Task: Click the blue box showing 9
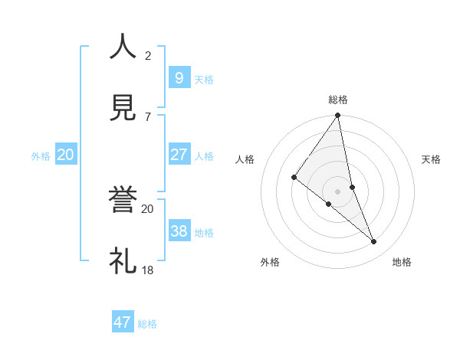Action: [x=179, y=77]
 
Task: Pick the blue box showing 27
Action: [x=179, y=154]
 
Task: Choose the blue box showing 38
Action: [x=179, y=231]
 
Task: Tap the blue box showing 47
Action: [x=123, y=322]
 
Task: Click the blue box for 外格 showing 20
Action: [x=65, y=154]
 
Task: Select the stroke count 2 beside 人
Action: [x=148, y=56]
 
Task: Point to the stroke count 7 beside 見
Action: [x=148, y=116]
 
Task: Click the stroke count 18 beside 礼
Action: [x=148, y=270]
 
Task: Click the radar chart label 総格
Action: [x=338, y=100]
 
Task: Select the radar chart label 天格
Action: [x=432, y=159]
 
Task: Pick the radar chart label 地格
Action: [x=402, y=262]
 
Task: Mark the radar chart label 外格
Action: [x=270, y=262]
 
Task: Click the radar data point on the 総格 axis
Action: [x=338, y=116]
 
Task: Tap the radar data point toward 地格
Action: [x=374, y=241]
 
